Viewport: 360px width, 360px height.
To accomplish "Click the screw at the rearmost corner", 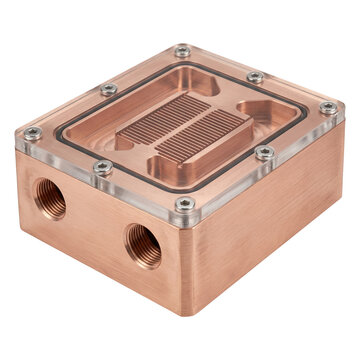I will point(182,51).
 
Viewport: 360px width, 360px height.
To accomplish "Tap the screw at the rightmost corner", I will point(328,107).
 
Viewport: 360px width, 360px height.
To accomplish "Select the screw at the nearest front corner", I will point(185,204).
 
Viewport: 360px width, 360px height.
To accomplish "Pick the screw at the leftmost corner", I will point(32,133).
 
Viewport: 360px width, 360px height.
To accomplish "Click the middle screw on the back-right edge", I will point(256,77).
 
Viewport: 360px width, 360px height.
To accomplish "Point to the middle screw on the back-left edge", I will point(108,90).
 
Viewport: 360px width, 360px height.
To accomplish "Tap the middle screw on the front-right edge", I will point(264,152).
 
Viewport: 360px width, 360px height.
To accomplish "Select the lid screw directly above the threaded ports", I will point(103,167).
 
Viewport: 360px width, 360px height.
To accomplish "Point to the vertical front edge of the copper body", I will point(186,265).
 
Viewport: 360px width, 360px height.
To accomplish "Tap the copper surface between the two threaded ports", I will point(95,225).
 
